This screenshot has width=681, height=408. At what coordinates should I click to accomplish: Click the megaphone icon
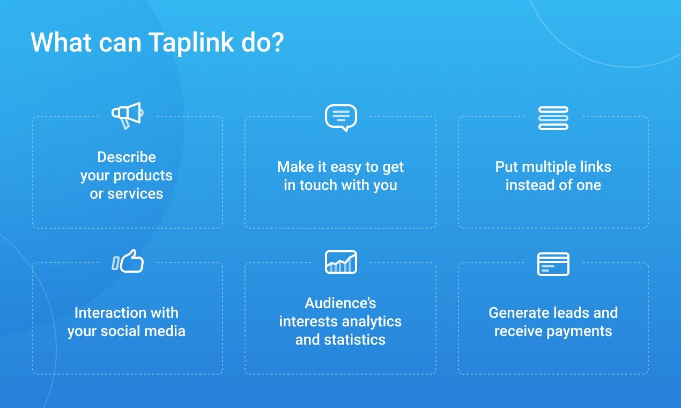point(127,115)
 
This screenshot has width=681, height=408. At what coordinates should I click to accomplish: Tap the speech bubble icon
point(340,117)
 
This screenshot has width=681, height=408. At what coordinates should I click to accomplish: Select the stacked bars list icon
point(553,118)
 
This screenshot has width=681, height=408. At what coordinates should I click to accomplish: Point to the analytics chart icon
point(340,262)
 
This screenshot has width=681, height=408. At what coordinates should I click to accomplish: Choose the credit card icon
point(553,264)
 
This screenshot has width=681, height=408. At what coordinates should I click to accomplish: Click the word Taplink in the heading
point(191,43)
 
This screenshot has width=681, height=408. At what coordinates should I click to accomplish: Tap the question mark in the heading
point(277,43)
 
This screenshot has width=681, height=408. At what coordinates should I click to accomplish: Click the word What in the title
point(61,43)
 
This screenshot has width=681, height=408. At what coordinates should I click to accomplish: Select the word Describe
point(127,157)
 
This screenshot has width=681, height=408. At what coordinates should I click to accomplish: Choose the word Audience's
point(340,303)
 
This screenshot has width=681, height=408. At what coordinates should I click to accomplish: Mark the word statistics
point(354,340)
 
